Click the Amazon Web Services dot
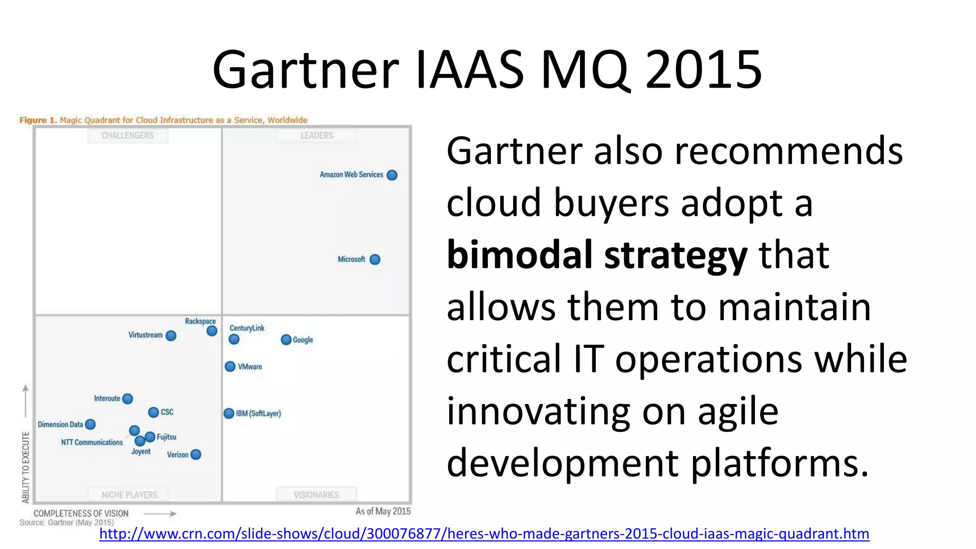(x=392, y=175)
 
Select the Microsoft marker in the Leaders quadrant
(x=375, y=259)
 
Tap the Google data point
(x=286, y=340)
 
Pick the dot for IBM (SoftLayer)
(x=229, y=413)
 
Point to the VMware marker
(x=230, y=366)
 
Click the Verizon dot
(x=195, y=455)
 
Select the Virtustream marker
(x=171, y=335)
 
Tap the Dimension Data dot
(x=90, y=424)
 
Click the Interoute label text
(x=107, y=398)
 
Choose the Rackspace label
(x=200, y=321)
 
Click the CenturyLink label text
(x=247, y=328)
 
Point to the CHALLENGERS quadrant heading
(x=128, y=135)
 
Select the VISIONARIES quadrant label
(x=316, y=495)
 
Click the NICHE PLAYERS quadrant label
(x=130, y=495)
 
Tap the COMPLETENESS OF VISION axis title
(x=81, y=513)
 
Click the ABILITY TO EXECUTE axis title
(x=26, y=467)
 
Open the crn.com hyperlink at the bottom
(x=484, y=533)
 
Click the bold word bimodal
(x=519, y=255)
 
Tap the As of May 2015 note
(x=383, y=511)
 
